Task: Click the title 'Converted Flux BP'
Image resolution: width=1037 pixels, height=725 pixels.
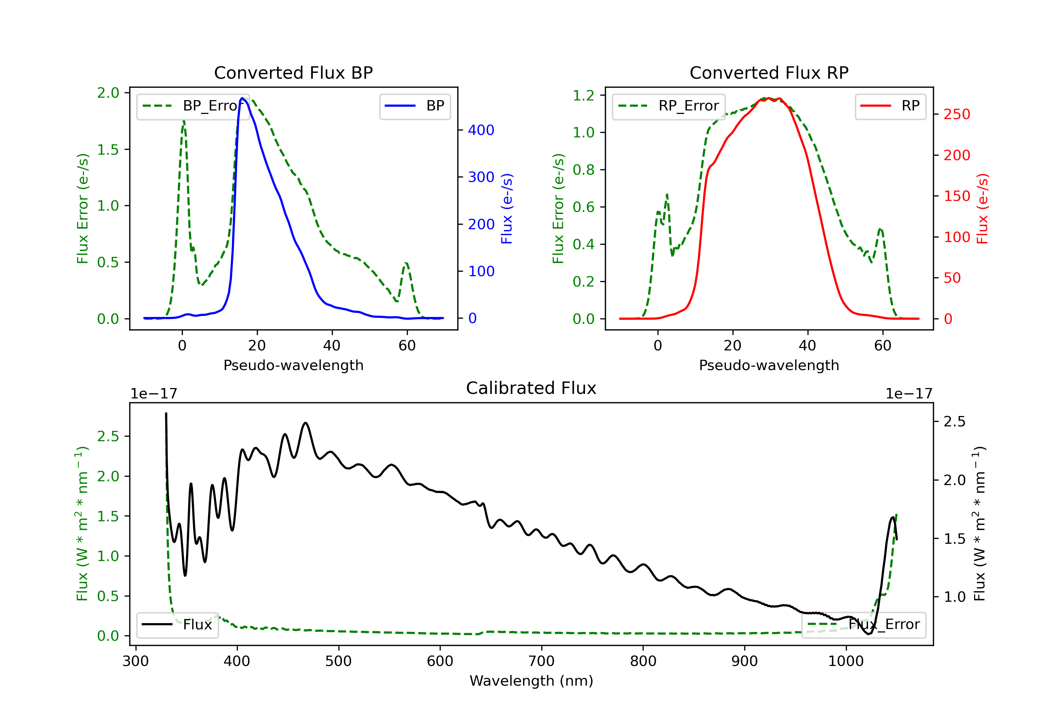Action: (293, 72)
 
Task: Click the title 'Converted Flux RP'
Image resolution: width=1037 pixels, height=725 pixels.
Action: (769, 72)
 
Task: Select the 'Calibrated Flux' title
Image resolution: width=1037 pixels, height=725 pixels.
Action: (531, 388)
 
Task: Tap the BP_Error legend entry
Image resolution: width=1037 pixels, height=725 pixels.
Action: (193, 106)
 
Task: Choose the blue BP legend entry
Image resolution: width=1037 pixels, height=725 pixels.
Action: (414, 106)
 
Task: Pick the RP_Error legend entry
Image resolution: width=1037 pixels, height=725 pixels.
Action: (669, 106)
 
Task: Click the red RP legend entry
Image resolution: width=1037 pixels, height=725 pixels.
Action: (890, 106)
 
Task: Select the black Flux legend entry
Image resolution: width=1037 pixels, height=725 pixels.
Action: (177, 625)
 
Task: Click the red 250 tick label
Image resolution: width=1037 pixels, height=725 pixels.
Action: (956, 114)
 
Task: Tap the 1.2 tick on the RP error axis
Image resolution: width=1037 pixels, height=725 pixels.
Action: (583, 95)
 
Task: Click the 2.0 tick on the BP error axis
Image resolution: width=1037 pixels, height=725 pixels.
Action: (108, 93)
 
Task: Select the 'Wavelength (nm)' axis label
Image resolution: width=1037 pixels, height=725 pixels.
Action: (531, 681)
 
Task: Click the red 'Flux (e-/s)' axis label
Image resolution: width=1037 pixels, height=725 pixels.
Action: (982, 209)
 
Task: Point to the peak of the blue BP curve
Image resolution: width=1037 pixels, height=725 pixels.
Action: (242, 98)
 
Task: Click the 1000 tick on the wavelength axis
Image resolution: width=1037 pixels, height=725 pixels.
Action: (846, 661)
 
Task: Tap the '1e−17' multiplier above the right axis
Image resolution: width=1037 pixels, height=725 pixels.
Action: (909, 394)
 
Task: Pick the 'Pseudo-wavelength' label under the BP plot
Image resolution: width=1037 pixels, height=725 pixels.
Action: (293, 365)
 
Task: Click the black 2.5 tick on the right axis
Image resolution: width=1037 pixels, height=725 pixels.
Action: (954, 422)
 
